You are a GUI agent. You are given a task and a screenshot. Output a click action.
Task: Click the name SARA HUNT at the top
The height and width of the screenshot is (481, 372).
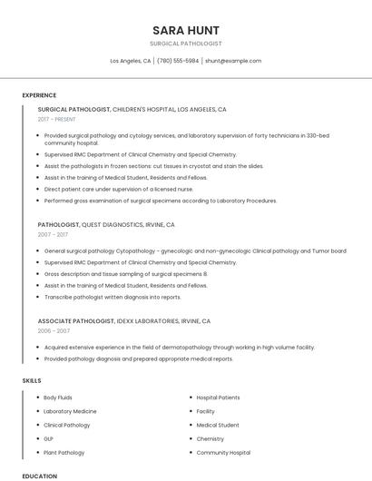tap(186, 30)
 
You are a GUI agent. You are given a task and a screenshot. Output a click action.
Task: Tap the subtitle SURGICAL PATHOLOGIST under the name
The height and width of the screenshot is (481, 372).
tap(186, 44)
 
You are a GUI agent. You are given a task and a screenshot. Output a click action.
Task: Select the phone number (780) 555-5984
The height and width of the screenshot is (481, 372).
tap(178, 61)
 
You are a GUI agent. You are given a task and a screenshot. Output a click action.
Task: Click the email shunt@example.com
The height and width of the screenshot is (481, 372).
tap(233, 61)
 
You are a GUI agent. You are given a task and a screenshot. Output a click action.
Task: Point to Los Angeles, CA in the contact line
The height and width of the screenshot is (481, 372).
tap(131, 61)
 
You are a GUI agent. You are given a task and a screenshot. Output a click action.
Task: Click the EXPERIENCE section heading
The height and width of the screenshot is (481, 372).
tap(39, 95)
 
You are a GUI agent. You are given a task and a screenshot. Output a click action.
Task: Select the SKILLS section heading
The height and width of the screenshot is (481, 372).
tap(32, 380)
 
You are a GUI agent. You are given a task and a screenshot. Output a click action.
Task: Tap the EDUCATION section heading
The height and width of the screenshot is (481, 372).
tap(39, 476)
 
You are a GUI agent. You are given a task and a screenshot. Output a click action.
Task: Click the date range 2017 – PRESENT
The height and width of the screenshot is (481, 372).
tap(58, 120)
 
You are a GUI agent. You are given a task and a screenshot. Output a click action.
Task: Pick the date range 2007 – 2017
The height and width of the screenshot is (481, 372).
tap(54, 235)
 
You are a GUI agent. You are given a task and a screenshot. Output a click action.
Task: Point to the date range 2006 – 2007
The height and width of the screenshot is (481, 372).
tap(54, 331)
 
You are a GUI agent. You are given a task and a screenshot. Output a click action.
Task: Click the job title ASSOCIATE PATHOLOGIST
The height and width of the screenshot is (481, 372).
tap(76, 321)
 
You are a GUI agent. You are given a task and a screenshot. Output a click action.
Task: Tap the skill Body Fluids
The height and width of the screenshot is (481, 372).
tap(58, 398)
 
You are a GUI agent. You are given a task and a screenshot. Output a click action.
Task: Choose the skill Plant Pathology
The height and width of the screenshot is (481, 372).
tap(64, 452)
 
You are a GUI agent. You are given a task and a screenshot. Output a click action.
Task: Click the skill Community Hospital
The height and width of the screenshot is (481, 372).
tap(223, 452)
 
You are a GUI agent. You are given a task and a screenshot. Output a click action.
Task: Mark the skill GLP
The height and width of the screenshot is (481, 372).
tap(49, 438)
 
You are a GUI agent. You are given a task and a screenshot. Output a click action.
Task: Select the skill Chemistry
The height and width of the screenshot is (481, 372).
tap(210, 438)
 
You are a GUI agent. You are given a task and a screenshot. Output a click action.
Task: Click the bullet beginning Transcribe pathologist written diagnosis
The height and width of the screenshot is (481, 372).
tap(113, 297)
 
